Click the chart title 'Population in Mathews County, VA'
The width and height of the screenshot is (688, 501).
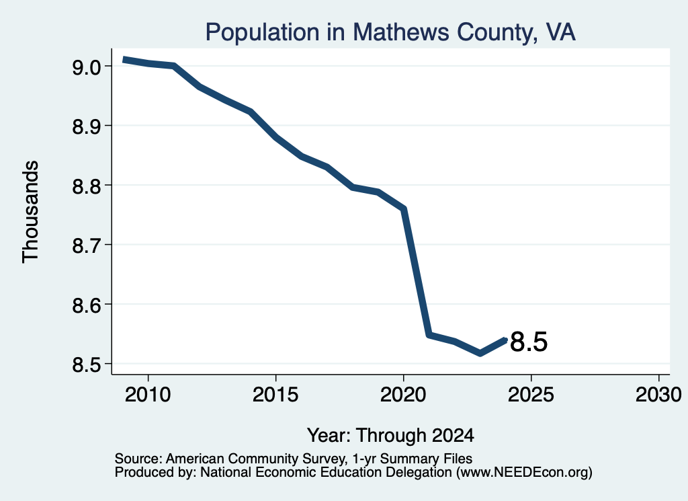(x=390, y=32)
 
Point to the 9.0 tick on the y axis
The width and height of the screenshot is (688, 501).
(x=87, y=67)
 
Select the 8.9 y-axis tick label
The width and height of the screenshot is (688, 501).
(x=87, y=126)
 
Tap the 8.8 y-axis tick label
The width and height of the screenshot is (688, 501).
(x=87, y=186)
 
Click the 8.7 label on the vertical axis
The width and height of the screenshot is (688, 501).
(x=87, y=245)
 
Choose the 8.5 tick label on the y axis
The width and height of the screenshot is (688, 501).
(x=87, y=364)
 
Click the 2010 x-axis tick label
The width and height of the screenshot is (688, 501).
(x=148, y=395)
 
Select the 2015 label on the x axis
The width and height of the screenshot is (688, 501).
(x=275, y=395)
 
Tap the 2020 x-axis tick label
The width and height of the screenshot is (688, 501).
(x=403, y=395)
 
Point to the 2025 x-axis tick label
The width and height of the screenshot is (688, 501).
(x=531, y=395)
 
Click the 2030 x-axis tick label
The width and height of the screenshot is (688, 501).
(x=658, y=395)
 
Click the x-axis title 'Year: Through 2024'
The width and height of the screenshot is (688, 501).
(x=390, y=436)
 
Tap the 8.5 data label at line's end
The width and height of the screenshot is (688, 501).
(x=529, y=342)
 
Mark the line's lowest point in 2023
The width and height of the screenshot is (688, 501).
(x=480, y=353)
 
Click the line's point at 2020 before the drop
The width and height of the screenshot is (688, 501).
(x=404, y=208)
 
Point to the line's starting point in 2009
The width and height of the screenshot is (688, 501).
(x=124, y=59)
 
